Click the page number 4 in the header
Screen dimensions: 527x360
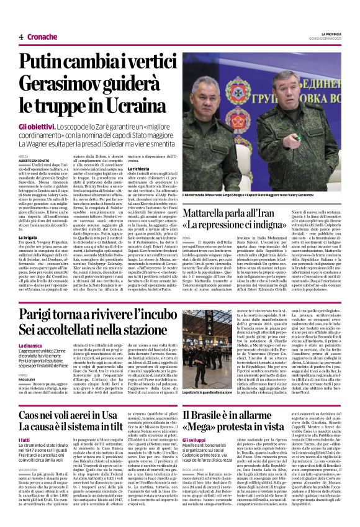21,37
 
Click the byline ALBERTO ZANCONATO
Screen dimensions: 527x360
33,160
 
